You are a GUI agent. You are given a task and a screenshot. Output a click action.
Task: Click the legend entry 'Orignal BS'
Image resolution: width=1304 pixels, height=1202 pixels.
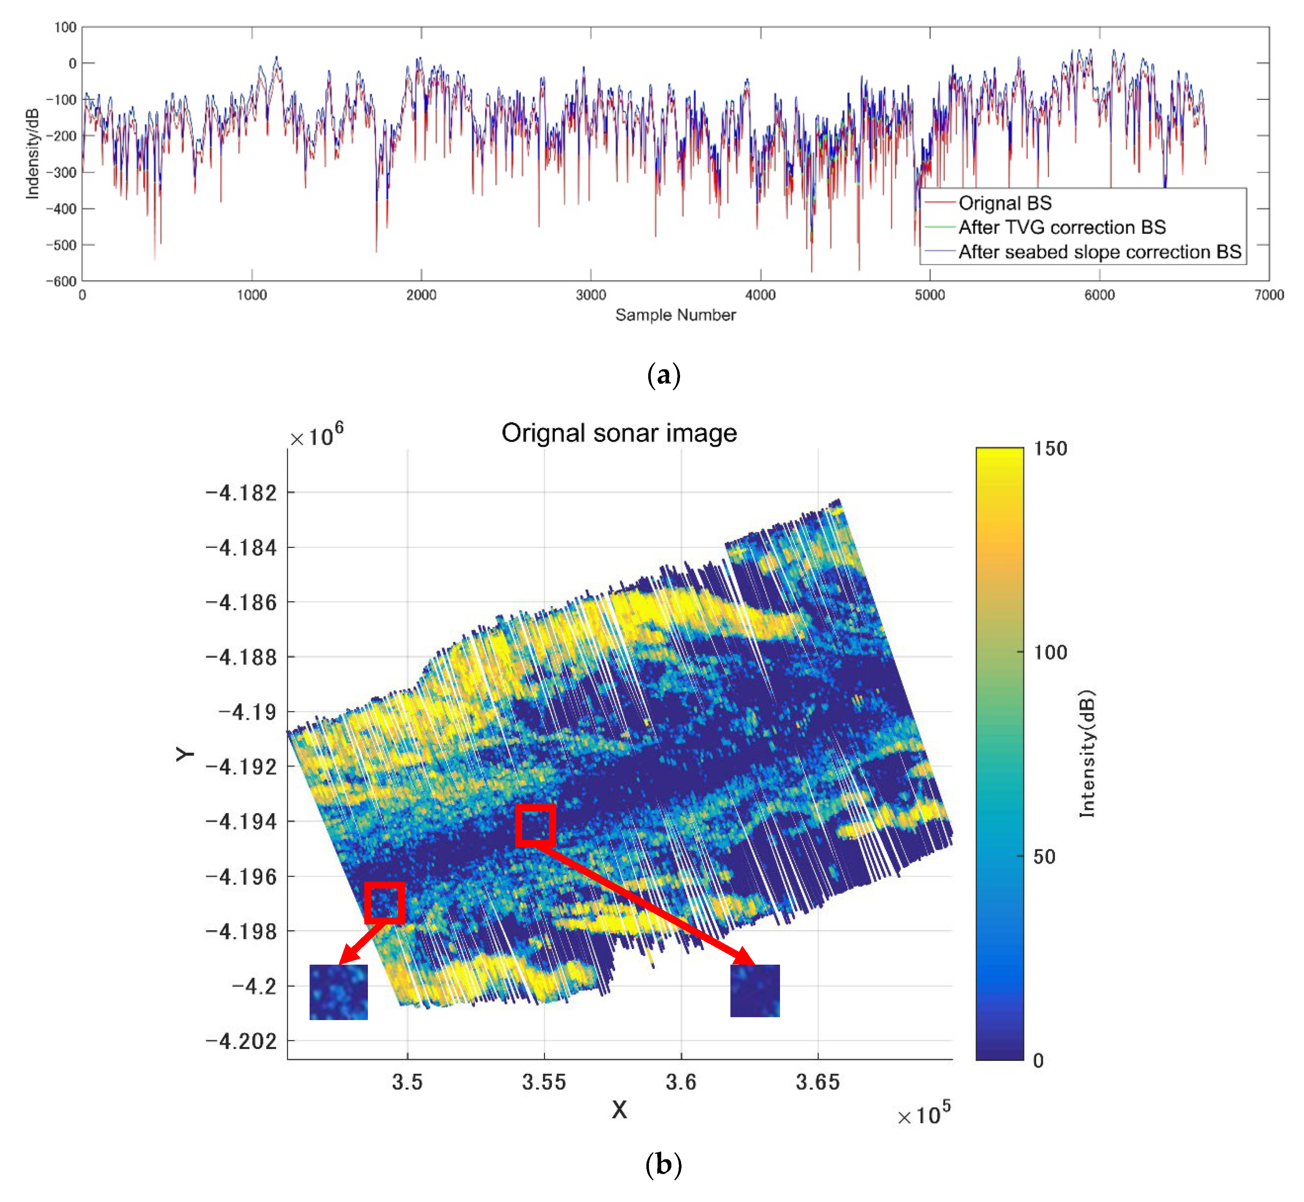1004,203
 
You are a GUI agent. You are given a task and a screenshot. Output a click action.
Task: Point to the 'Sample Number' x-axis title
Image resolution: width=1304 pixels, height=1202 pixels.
675,315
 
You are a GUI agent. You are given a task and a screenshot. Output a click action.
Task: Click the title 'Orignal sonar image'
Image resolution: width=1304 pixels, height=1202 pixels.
619,433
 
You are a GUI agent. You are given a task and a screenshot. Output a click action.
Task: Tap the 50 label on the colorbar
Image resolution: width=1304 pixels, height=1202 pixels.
1044,857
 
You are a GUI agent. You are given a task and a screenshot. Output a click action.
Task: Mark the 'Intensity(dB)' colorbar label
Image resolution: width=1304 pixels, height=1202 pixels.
1087,753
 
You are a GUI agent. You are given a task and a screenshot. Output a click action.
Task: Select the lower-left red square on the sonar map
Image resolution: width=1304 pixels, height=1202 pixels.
384,903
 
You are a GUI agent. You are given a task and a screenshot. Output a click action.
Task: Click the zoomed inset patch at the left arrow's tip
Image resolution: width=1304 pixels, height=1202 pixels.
338,991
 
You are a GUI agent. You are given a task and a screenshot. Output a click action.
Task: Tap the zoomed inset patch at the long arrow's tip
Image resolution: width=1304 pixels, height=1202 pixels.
755,990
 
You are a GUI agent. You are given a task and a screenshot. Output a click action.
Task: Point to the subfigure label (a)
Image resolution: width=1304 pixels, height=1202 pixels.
664,375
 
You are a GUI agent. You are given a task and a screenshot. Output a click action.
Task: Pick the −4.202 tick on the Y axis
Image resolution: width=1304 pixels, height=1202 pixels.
240,1041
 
